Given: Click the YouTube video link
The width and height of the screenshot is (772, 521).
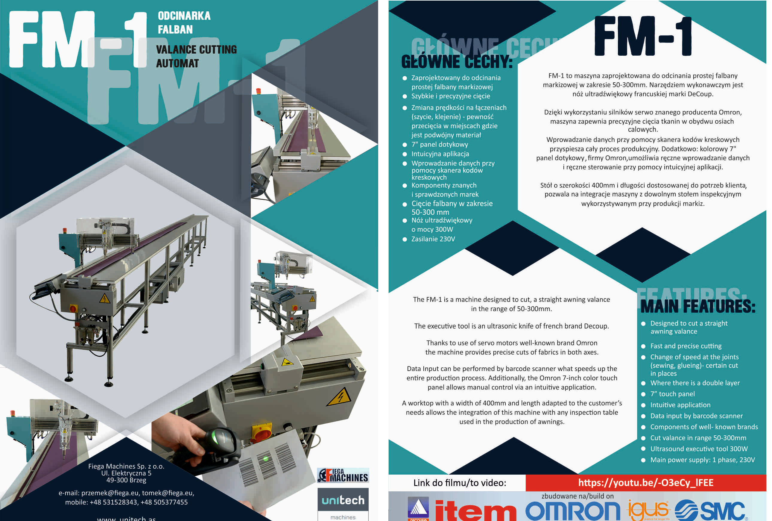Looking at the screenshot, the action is (645, 482).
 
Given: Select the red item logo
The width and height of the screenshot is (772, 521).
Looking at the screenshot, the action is (475, 511).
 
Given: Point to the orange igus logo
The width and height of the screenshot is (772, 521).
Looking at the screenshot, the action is (648, 510).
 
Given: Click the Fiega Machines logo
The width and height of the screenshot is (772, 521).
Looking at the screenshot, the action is (343, 475).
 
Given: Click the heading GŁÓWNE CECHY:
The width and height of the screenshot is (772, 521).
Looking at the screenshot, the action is (457, 62).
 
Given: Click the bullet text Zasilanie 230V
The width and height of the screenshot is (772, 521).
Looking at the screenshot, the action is (433, 239).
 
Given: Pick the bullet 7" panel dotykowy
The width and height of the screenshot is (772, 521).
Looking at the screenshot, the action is (440, 145).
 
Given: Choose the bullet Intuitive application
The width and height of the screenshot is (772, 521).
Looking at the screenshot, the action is (680, 405).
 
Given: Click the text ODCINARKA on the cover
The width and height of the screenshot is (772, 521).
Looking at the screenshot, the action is (184, 16).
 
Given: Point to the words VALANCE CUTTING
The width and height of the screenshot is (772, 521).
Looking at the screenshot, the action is (197, 49).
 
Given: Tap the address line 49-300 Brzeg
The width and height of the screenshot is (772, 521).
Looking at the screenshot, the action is (126, 480).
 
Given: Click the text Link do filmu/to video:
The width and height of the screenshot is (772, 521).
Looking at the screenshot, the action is (460, 483).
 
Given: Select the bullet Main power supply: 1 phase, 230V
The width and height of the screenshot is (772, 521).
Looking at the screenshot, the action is (702, 460).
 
